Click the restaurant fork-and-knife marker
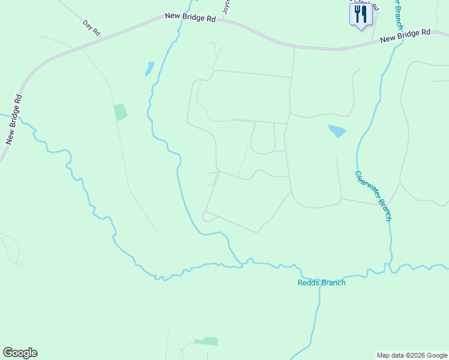click(x=361, y=14)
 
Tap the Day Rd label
click(x=92, y=28)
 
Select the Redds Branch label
click(x=322, y=283)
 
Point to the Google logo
click(x=20, y=353)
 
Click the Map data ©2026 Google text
click(x=411, y=355)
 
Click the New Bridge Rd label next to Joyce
click(x=190, y=19)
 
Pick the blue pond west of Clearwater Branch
click(x=337, y=130)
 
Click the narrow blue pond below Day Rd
click(x=149, y=68)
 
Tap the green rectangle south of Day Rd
click(x=121, y=112)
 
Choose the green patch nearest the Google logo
click(x=206, y=341)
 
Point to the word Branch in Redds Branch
click(x=333, y=283)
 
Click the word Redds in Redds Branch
click(x=308, y=283)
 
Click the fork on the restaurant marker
click(x=358, y=13)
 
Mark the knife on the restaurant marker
click(x=364, y=13)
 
